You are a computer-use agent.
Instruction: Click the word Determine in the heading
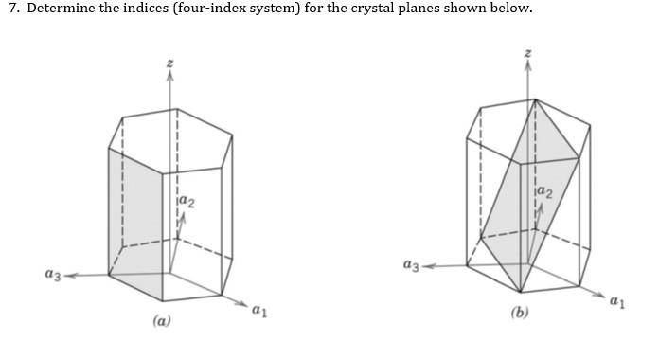(54, 9)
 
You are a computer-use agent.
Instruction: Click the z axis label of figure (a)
(170, 62)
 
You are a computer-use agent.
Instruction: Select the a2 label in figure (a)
(187, 201)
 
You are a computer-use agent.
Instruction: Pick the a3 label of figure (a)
(53, 274)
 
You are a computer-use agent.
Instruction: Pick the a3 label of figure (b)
(410, 266)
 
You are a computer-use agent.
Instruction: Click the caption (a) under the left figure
(162, 321)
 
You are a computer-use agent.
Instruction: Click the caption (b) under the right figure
(519, 313)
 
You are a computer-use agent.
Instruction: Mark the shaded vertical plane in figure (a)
(135, 218)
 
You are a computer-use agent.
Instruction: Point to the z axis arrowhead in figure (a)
(170, 77)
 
